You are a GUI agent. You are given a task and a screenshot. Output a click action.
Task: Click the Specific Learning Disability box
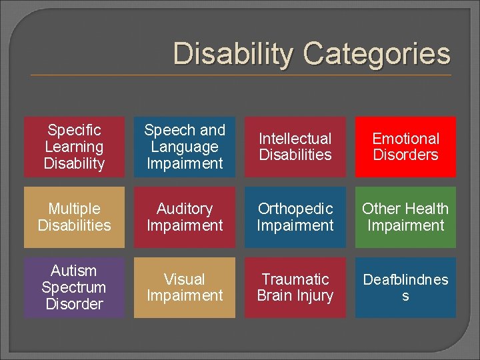(74, 147)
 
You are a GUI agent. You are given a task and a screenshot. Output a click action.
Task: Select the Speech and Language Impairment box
(185, 147)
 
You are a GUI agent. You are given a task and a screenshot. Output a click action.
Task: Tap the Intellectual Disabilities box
(295, 147)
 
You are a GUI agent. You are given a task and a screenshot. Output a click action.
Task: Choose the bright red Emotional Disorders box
(405, 147)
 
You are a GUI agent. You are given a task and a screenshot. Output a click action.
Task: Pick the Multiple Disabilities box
(74, 217)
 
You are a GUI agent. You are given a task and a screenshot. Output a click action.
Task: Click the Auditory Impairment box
(185, 217)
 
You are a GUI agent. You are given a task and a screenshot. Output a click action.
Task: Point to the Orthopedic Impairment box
(295, 217)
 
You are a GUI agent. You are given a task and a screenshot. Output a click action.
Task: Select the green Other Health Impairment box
(405, 217)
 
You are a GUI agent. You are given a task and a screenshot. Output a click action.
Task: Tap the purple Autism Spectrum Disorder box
(74, 287)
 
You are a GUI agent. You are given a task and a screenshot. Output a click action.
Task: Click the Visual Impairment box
(185, 287)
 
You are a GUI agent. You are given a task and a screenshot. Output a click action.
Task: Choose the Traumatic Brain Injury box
(295, 287)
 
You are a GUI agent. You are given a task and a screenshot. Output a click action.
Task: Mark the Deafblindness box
(405, 287)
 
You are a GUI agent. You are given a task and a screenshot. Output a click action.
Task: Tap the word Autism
(74, 271)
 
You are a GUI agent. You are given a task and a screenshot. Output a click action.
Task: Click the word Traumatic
(295, 279)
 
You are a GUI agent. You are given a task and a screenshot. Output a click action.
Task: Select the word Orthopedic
(295, 209)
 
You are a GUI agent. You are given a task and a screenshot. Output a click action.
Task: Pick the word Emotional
(405, 139)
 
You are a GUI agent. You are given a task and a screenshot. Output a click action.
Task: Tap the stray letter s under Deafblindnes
(405, 296)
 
